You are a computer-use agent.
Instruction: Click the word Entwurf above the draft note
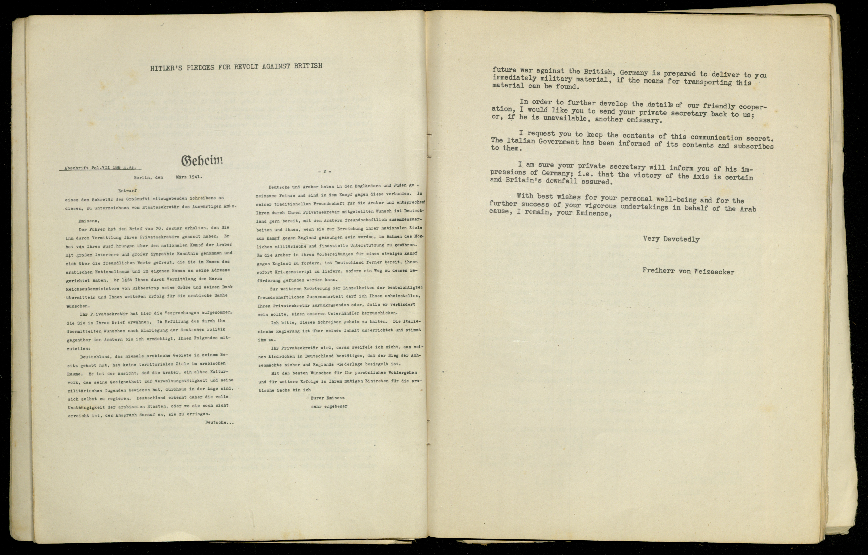(127, 191)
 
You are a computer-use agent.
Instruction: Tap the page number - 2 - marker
(324, 171)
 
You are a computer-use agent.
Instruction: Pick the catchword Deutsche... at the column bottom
(219, 422)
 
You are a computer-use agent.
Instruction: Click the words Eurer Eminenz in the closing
(327, 398)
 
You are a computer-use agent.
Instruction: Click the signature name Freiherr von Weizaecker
(688, 271)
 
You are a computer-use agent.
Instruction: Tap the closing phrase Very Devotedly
(671, 239)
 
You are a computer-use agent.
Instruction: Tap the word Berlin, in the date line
(143, 177)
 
